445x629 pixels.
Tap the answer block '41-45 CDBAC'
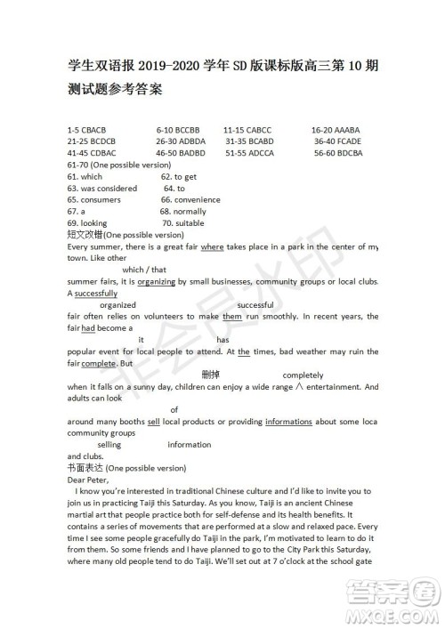[x=88, y=153]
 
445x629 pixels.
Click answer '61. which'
[x=85, y=176]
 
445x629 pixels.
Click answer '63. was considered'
[x=101, y=188]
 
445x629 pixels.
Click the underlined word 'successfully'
[x=96, y=293]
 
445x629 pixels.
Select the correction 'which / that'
[x=144, y=270]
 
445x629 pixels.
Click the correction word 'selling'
[x=109, y=444]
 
